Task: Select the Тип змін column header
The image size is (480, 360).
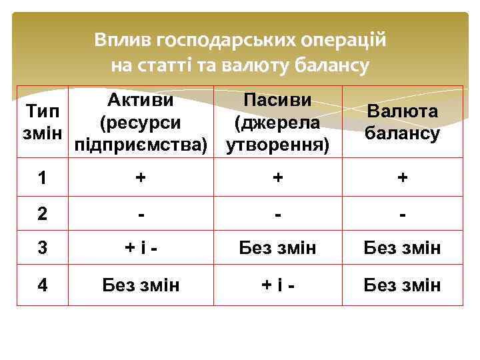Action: [41, 122]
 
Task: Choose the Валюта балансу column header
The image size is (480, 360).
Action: [403, 122]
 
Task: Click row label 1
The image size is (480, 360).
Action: [42, 179]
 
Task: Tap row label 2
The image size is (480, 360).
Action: [42, 215]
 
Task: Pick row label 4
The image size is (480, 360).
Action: [42, 285]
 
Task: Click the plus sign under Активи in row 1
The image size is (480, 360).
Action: [141, 179]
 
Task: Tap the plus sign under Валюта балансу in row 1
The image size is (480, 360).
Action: [403, 179]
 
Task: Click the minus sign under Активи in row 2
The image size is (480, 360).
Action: [141, 215]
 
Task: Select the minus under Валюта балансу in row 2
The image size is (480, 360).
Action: [403, 215]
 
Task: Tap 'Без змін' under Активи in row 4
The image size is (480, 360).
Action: [141, 285]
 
